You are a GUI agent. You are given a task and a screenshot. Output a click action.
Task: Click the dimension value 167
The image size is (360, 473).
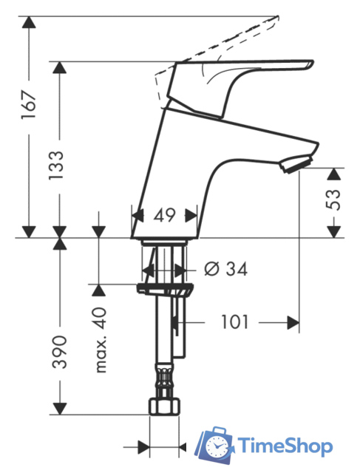pyautogui.click(x=29, y=104)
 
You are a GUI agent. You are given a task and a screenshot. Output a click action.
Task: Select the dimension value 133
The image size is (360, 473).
pyautogui.click(x=56, y=166)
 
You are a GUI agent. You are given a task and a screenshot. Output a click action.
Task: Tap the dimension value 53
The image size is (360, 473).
pyautogui.click(x=333, y=200)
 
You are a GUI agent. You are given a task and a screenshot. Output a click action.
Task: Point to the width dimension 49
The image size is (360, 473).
pyautogui.click(x=164, y=215)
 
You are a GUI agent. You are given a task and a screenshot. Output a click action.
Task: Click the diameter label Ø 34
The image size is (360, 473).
pyautogui.click(x=225, y=268)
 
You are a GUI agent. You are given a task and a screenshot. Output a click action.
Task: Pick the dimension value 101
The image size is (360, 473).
pyautogui.click(x=234, y=322)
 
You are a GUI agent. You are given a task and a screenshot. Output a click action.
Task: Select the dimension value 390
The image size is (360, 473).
pyautogui.click(x=59, y=352)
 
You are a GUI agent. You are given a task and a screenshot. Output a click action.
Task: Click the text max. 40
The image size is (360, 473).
pyautogui.click(x=101, y=340)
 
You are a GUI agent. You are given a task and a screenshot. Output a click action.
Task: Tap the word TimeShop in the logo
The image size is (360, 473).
pyautogui.click(x=285, y=446)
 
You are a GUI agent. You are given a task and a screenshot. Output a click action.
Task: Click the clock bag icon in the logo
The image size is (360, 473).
pyautogui.click(x=214, y=445)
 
